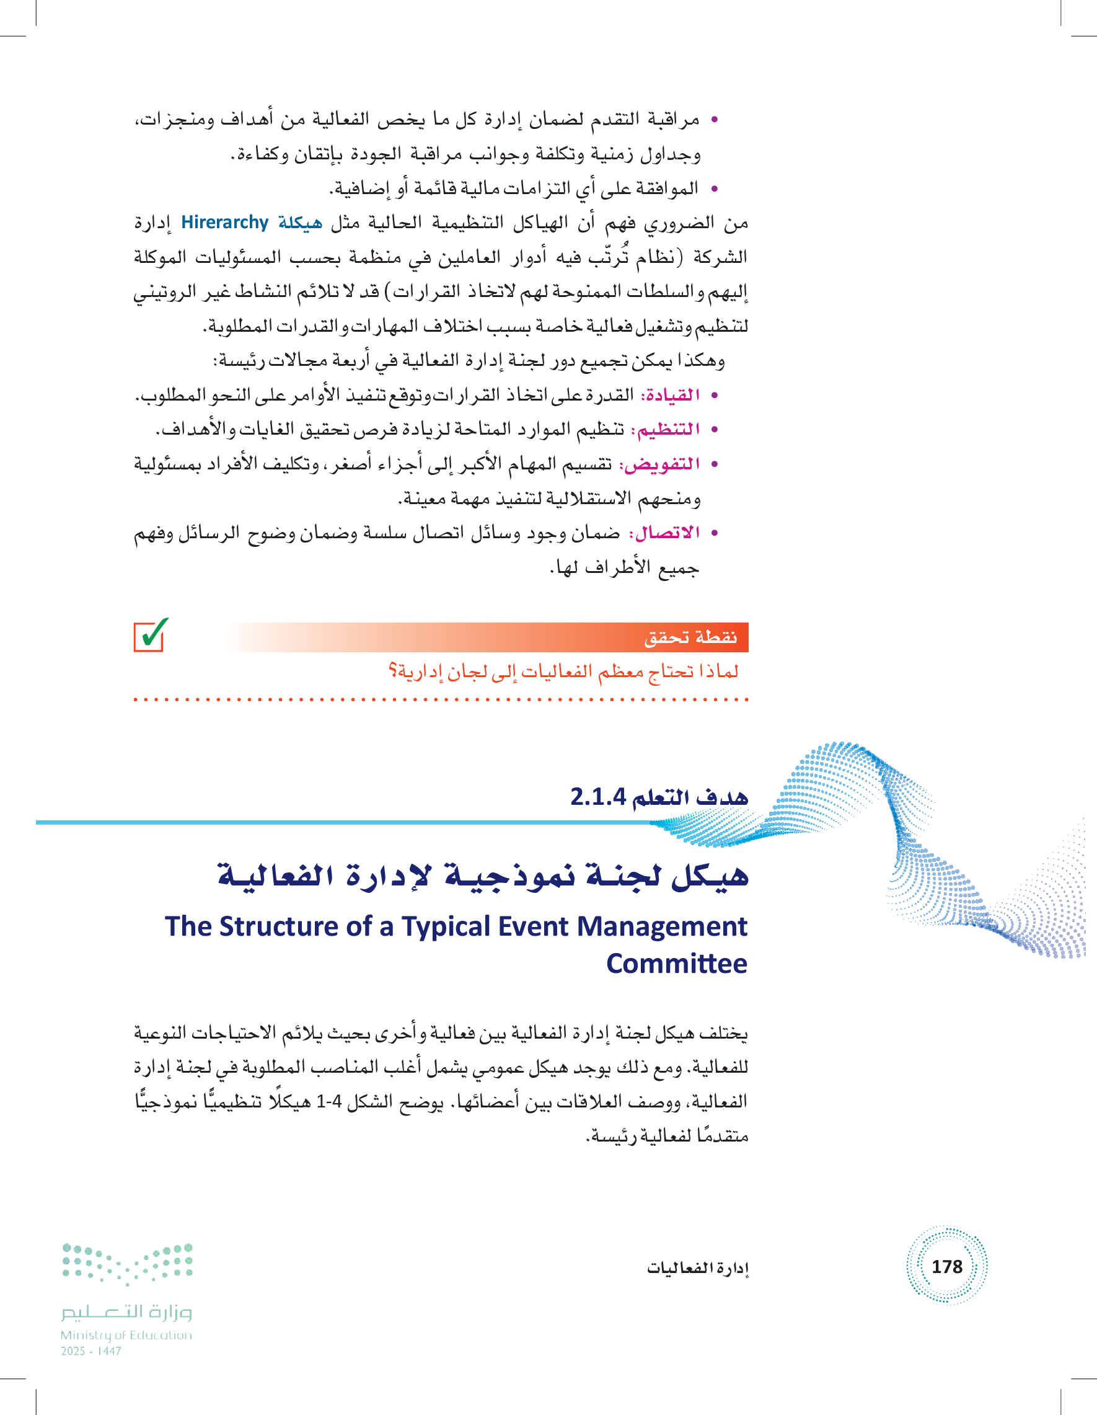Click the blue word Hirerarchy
point(224,222)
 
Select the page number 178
point(946,1266)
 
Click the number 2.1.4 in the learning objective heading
point(597,796)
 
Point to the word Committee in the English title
point(676,964)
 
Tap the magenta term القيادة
point(669,394)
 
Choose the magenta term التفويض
point(659,464)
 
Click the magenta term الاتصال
point(664,533)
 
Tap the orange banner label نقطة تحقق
point(690,637)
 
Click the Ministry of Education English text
point(126,1335)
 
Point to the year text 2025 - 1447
point(90,1351)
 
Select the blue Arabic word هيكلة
point(300,222)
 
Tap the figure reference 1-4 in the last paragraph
point(328,1101)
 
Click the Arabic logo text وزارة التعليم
point(127,1312)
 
